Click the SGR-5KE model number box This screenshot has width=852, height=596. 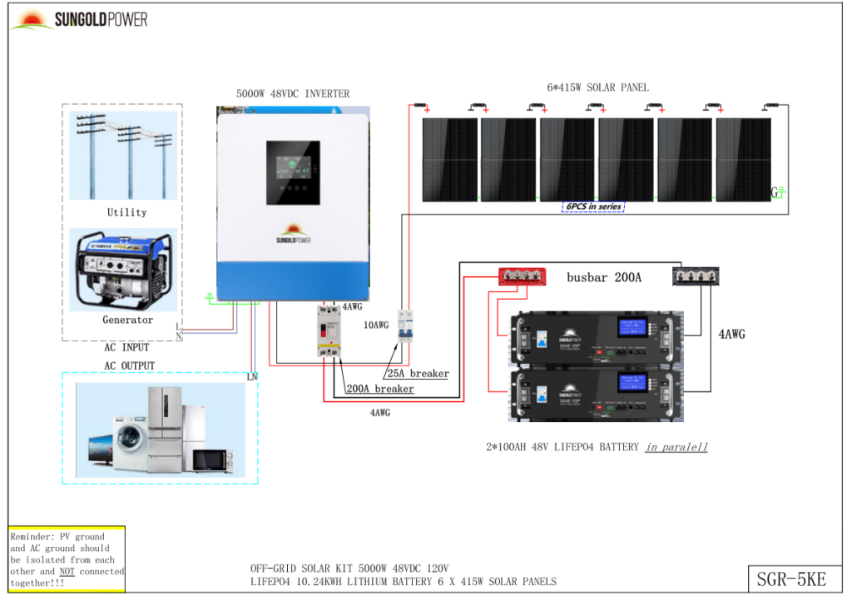tap(794, 578)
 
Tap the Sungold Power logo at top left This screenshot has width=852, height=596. tap(79, 18)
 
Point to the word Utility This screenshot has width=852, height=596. tap(126, 212)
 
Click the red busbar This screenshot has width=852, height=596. tap(522, 276)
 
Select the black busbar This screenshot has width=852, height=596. tap(696, 276)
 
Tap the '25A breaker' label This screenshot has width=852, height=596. tap(418, 374)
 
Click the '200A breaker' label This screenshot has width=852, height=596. tap(379, 389)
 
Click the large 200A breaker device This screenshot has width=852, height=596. tap(329, 330)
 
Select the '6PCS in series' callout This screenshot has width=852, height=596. tap(593, 206)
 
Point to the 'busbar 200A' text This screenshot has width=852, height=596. tap(604, 277)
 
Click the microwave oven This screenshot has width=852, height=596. tap(213, 460)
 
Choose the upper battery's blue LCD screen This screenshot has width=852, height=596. tap(632, 327)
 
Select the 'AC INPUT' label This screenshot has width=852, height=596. tap(127, 347)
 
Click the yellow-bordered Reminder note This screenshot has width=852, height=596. tap(67, 559)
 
